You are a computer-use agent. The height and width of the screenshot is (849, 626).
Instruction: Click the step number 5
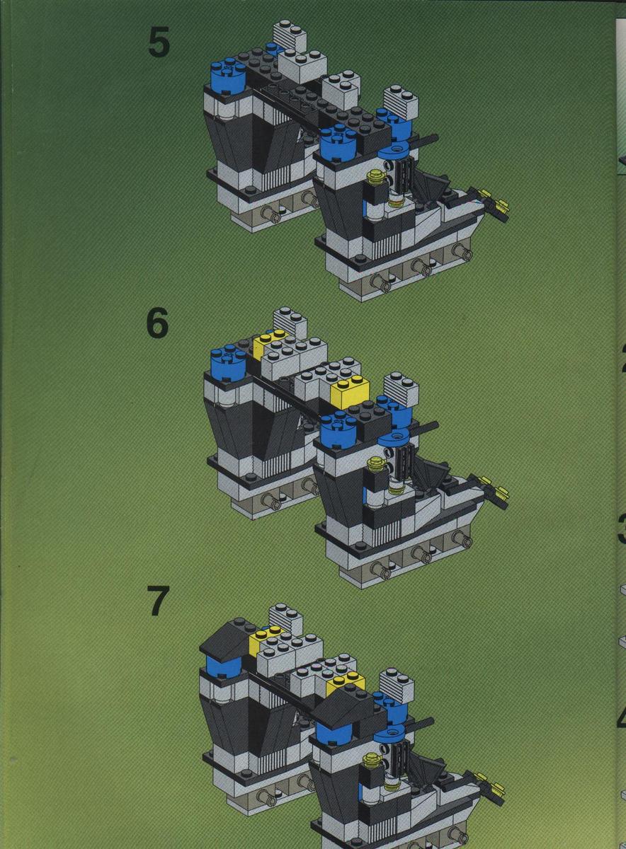click(159, 43)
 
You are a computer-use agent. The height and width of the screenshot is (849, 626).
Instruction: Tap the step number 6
click(158, 323)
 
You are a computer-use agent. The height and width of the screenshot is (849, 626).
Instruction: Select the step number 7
click(159, 602)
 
